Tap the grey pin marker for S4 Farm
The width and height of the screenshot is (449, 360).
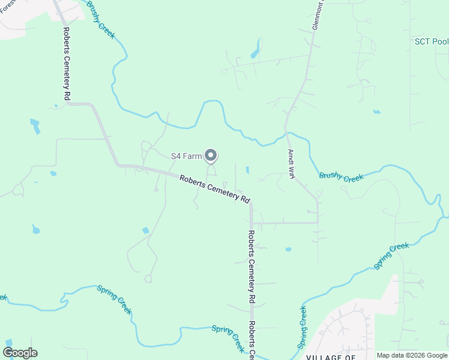[211, 156]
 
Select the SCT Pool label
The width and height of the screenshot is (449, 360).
[432, 41]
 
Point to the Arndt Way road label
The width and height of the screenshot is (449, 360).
[292, 164]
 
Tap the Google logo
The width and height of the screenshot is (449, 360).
[20, 353]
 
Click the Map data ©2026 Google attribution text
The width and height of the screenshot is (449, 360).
[412, 355]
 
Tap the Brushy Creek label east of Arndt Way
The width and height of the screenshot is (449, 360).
[341, 176]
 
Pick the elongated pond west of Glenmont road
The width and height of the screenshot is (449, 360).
[256, 49]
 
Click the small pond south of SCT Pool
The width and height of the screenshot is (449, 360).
[376, 112]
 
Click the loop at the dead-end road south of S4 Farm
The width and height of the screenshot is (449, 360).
[148, 278]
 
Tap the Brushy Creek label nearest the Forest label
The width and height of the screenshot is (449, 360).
[100, 19]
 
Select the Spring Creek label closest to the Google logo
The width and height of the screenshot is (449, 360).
[114, 299]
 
